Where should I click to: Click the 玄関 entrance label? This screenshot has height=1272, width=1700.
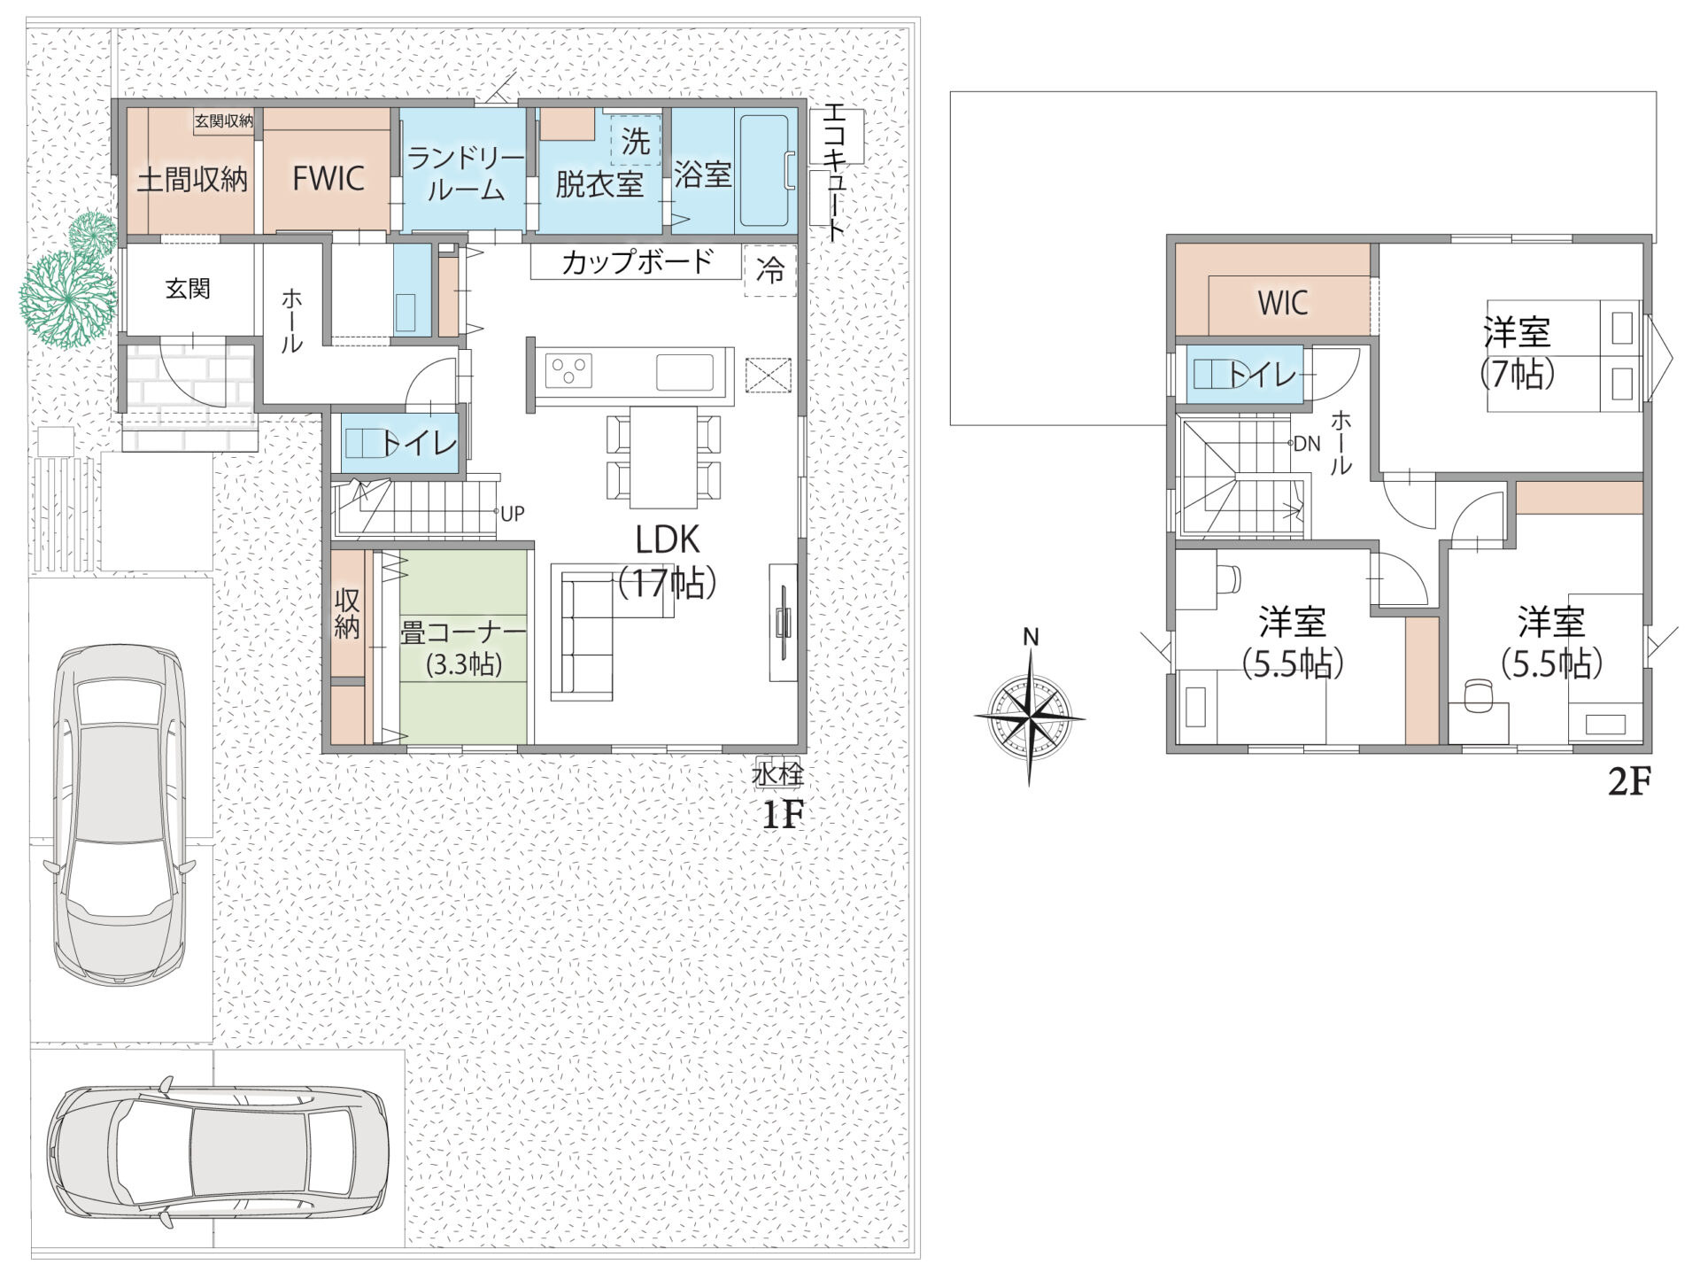click(188, 289)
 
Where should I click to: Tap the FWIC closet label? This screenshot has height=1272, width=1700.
click(328, 178)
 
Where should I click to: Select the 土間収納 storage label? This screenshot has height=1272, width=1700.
click(192, 180)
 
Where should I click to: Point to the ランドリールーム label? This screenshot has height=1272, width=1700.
click(466, 174)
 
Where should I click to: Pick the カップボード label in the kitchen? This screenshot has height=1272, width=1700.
click(637, 262)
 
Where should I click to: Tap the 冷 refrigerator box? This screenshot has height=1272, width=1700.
click(770, 269)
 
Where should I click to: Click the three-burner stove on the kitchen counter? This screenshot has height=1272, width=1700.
click(568, 370)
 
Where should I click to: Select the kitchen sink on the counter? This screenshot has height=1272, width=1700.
click(684, 372)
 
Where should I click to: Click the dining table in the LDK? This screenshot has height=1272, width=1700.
click(663, 457)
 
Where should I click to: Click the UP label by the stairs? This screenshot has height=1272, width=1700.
click(512, 513)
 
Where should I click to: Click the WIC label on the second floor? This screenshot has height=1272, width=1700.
click(1283, 303)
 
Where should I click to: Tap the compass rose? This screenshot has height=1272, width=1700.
click(1030, 716)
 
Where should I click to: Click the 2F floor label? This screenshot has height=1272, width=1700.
click(1629, 782)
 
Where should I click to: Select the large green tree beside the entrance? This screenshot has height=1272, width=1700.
click(68, 299)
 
